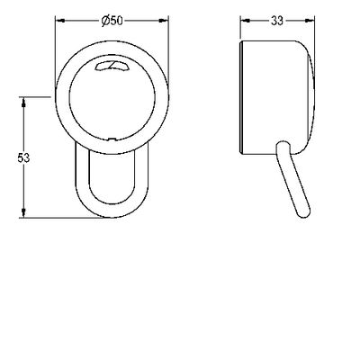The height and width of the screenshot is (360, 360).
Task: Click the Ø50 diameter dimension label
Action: click(112, 21)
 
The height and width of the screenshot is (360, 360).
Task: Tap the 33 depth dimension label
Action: click(277, 21)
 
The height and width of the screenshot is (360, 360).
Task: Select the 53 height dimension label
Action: click(23, 157)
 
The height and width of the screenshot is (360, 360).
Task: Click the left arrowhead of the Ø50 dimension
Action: click(60, 21)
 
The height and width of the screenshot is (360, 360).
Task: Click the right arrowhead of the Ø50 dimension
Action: click(164, 21)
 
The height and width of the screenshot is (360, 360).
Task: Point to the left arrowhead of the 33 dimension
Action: click(246, 21)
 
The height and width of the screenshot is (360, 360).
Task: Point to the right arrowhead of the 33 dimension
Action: click(310, 21)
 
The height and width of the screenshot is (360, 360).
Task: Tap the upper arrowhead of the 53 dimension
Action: click(23, 102)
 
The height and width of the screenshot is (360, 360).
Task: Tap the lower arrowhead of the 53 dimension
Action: click(23, 213)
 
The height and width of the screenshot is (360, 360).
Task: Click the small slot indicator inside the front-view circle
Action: click(112, 66)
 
